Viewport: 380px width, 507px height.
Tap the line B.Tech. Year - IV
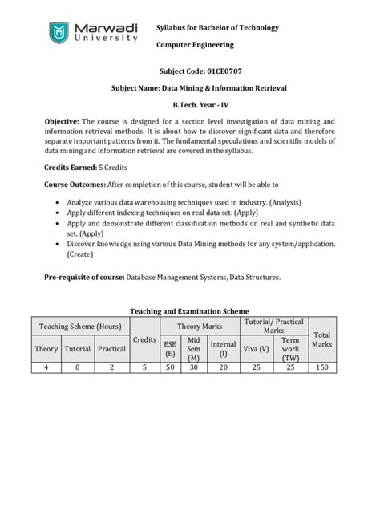pos(190,104)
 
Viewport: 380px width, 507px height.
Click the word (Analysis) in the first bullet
pos(285,203)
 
